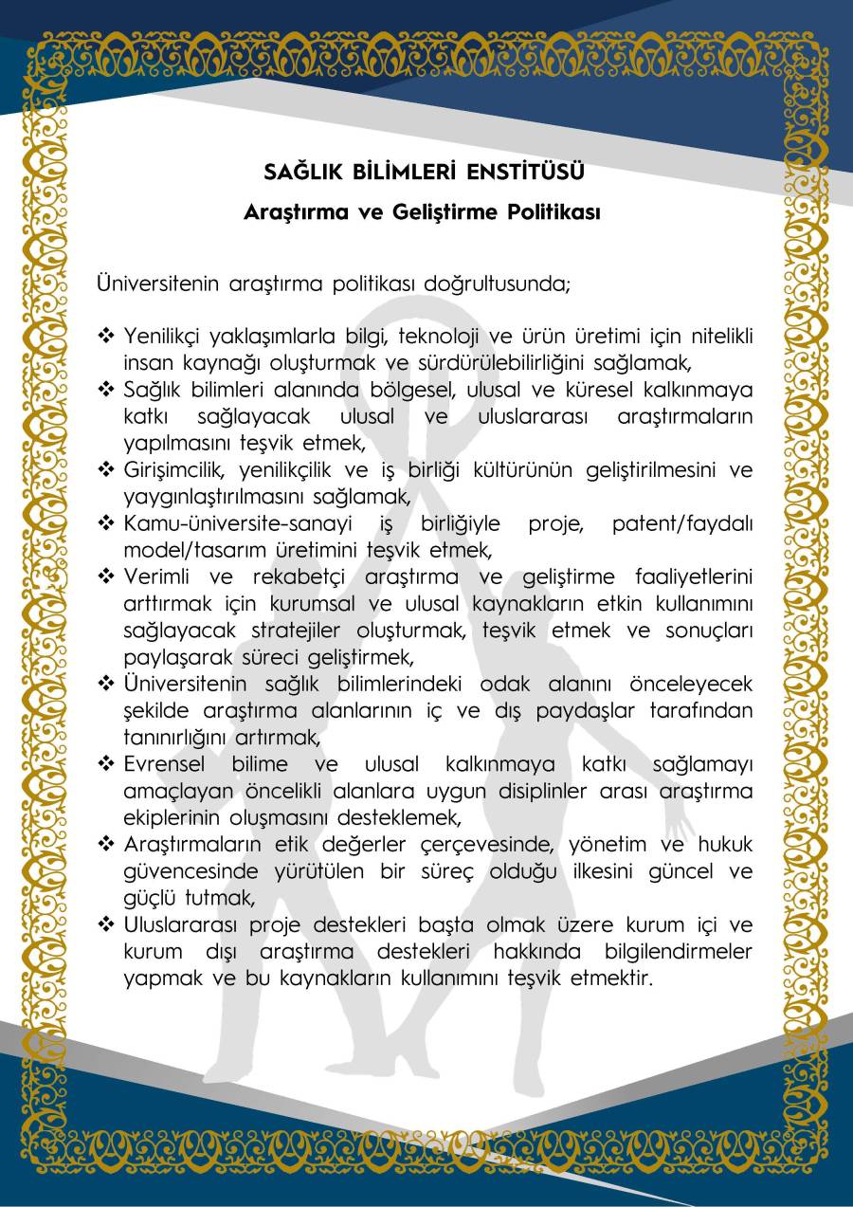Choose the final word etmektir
click(x=611, y=978)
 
